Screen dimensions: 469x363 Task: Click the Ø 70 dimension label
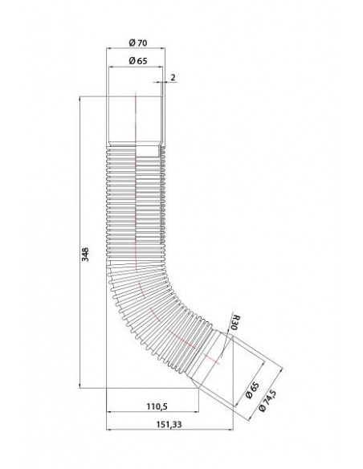point(137,43)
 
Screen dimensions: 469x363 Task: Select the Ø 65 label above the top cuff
point(137,61)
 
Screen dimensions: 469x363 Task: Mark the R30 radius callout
point(235,323)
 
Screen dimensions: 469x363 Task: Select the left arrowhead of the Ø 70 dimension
point(109,50)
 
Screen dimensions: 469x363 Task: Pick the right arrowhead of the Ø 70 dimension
point(164,50)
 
